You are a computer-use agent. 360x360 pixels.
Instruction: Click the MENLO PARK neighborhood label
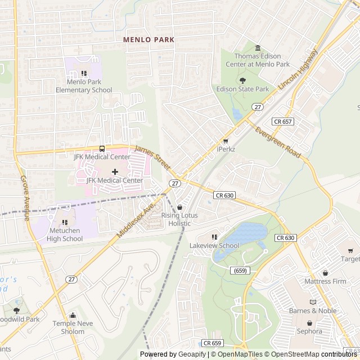(x=149, y=40)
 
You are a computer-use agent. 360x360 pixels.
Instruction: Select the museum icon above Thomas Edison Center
(x=258, y=48)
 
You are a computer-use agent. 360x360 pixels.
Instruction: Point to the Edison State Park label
(x=242, y=89)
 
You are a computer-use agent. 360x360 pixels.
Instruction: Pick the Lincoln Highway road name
(x=298, y=71)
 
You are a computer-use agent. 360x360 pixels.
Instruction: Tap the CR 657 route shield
(x=283, y=121)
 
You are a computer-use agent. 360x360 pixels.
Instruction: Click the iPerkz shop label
(x=225, y=149)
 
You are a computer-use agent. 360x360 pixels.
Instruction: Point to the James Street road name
(x=153, y=157)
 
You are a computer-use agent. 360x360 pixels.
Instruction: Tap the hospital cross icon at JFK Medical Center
(x=115, y=172)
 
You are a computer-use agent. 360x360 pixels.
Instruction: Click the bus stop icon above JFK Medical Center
(x=102, y=148)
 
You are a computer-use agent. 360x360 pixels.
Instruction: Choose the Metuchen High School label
(x=65, y=235)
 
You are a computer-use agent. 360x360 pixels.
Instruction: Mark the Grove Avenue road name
(x=25, y=197)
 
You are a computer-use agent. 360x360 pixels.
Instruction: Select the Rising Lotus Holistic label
(x=180, y=219)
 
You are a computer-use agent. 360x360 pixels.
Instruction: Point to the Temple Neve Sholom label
(x=76, y=327)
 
